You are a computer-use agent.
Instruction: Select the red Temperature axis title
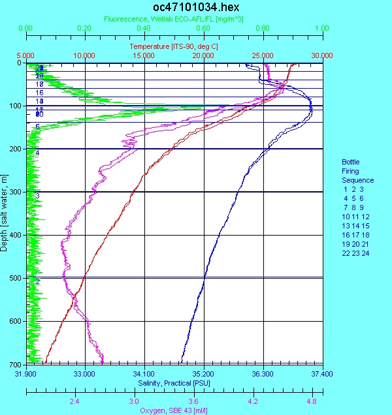173,47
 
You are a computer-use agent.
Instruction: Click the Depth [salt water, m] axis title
5,213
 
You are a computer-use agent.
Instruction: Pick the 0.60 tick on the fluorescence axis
203,29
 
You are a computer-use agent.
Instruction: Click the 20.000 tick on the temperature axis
203,56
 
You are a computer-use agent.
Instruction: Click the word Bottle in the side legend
351,162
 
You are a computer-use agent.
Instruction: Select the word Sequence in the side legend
358,180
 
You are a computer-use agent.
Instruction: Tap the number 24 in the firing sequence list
365,253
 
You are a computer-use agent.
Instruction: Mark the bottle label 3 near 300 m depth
38,196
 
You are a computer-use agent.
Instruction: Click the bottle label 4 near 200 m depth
38,153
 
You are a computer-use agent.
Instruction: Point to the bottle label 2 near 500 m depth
38,281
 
